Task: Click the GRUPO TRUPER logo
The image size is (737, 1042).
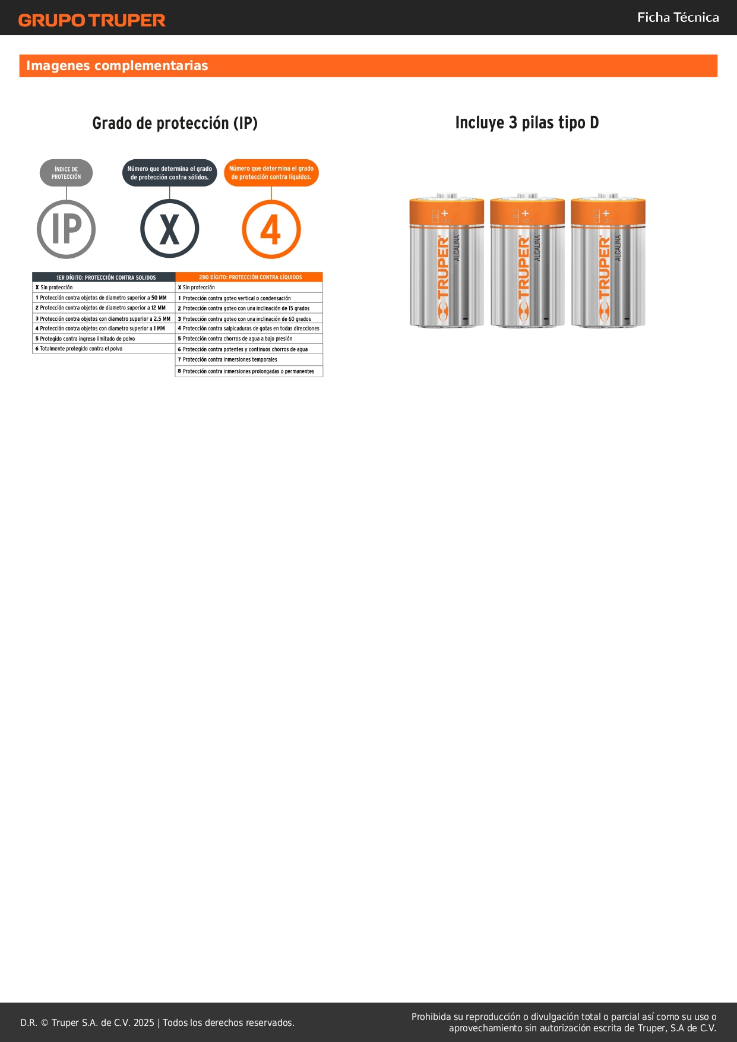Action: pos(91,20)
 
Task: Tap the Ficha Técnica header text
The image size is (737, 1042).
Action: pos(678,18)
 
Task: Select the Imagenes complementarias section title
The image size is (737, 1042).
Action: pos(117,65)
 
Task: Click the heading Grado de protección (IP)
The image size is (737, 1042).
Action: pos(175,123)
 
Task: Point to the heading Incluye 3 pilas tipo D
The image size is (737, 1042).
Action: pos(527,122)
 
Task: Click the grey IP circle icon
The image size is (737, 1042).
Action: pos(67,229)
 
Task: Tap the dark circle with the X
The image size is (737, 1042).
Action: pos(170,229)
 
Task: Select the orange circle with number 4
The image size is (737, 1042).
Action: pos(271,229)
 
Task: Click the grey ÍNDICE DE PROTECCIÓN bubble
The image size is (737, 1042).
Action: pos(66,173)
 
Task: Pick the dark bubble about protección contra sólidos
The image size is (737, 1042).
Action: pos(170,173)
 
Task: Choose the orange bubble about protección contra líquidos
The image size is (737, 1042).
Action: pos(271,173)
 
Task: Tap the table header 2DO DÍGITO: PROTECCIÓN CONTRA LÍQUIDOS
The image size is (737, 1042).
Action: pos(249,277)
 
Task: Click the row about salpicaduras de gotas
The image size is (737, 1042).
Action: pos(249,329)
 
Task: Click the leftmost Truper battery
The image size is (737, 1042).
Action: pos(447,260)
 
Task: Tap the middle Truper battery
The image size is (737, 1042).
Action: pos(527,260)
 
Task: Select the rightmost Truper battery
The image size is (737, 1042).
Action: pos(608,260)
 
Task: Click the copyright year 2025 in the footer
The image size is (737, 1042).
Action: pos(144,1022)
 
